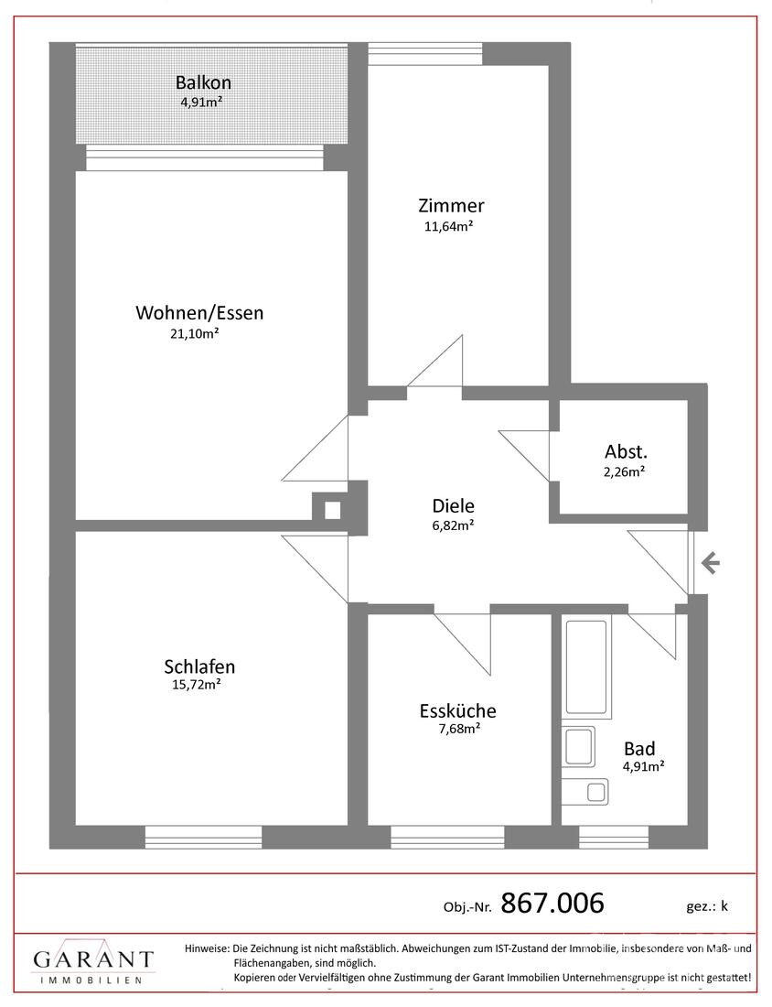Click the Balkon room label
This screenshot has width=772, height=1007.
pyautogui.click(x=203, y=82)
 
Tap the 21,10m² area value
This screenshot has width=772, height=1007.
pyautogui.click(x=195, y=333)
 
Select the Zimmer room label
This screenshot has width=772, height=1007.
pyautogui.click(x=451, y=205)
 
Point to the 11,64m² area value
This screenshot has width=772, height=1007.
pyautogui.click(x=448, y=226)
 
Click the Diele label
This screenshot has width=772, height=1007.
pyautogui.click(x=453, y=505)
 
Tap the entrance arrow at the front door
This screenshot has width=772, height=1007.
pyautogui.click(x=710, y=564)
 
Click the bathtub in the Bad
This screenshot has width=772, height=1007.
pyautogui.click(x=586, y=667)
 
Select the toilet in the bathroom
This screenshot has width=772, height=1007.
pyautogui.click(x=586, y=791)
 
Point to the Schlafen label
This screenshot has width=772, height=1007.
pyautogui.click(x=199, y=666)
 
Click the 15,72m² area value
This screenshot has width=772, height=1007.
pyautogui.click(x=197, y=685)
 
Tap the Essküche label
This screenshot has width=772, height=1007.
pyautogui.click(x=457, y=710)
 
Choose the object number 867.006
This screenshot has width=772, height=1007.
pyautogui.click(x=552, y=903)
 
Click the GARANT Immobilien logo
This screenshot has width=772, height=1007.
pyautogui.click(x=93, y=961)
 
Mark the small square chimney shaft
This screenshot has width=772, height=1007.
pyautogui.click(x=332, y=511)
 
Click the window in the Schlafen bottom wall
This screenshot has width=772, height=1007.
pyautogui.click(x=203, y=837)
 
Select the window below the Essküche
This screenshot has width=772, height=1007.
pyautogui.click(x=447, y=837)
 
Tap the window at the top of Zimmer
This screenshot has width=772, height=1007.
pyautogui.click(x=424, y=53)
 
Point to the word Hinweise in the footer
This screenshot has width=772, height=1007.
pyautogui.click(x=207, y=947)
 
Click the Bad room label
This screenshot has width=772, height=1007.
pyautogui.click(x=639, y=748)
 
